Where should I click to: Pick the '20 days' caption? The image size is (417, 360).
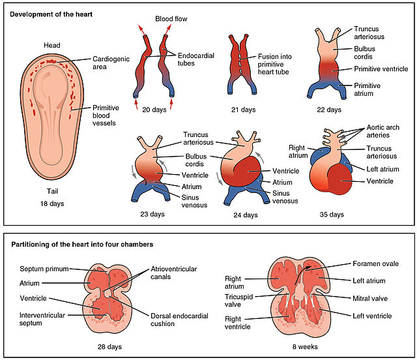[154, 110]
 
